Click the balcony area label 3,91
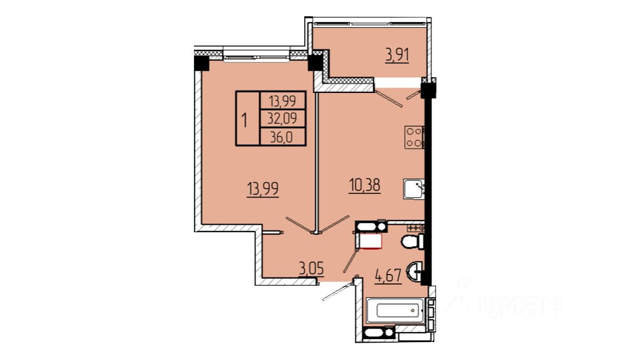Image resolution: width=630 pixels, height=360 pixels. tap(397, 55)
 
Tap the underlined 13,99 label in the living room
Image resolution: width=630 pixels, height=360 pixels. tap(263, 189)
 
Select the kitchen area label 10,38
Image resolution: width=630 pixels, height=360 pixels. tap(364, 186)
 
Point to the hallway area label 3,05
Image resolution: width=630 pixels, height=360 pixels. tap(311, 268)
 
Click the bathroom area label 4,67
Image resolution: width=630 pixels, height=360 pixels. tap(388, 276)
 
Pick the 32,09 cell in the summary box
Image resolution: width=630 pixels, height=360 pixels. tap(282, 119)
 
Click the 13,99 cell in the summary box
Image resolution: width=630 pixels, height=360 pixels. tap(282, 101)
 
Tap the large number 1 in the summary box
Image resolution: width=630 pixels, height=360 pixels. tap(244, 120)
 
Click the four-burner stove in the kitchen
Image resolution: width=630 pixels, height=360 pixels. tap(415, 138)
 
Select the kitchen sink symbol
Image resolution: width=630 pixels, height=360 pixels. tap(414, 189)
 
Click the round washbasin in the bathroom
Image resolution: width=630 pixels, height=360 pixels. tap(414, 272)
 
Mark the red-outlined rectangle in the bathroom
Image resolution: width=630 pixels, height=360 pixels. tap(370, 241)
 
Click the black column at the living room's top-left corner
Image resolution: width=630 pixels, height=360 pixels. tap(201, 63)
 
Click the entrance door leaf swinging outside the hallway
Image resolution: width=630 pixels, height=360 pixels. tap(337, 291)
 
